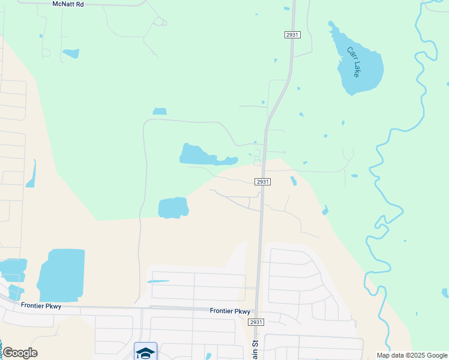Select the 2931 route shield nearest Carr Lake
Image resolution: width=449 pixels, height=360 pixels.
point(291,35)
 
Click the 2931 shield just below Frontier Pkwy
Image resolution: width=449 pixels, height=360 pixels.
point(256,322)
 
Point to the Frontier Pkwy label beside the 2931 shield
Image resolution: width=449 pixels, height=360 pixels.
point(229,311)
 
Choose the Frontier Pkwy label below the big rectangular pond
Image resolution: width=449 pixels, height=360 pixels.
point(41,305)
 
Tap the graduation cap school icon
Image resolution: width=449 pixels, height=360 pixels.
point(145,352)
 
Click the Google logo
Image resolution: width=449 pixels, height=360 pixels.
point(20,353)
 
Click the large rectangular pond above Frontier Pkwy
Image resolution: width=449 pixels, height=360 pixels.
point(61,275)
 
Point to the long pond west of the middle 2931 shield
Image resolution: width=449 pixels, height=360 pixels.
point(204,156)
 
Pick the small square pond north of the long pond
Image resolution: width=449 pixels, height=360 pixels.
point(160,111)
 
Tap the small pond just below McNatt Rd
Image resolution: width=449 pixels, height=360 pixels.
point(71,53)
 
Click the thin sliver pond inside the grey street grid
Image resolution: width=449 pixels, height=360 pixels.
point(158,281)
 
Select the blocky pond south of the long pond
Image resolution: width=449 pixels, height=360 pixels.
point(173,208)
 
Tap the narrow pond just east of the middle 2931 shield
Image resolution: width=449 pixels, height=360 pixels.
point(293,181)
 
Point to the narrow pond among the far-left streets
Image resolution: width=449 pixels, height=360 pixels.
point(31,175)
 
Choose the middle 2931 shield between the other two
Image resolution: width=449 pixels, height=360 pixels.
point(262,182)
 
